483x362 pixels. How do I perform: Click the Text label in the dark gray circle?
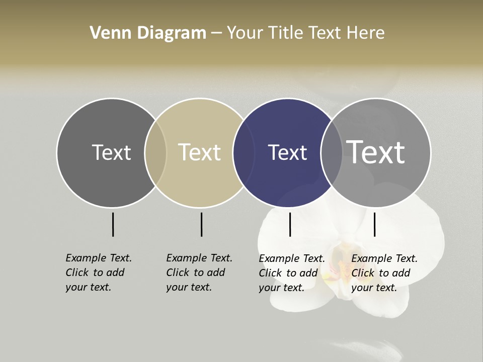(111, 152)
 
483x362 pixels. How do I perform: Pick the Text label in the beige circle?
(200, 152)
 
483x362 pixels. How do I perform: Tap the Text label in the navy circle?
(287, 152)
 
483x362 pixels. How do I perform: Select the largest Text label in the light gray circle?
(376, 152)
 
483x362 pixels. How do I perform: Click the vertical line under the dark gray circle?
(113, 224)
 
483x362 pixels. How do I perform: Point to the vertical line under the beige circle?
(201, 224)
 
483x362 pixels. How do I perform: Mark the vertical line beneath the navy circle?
(290, 224)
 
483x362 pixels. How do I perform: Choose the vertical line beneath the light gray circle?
(374, 224)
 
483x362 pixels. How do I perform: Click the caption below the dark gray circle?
(98, 273)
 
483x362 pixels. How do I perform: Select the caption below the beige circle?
(199, 273)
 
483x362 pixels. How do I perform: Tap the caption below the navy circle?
(291, 273)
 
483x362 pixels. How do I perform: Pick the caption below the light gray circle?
(384, 273)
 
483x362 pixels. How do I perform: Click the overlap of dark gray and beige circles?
(155, 153)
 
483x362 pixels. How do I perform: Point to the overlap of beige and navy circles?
(240, 153)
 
